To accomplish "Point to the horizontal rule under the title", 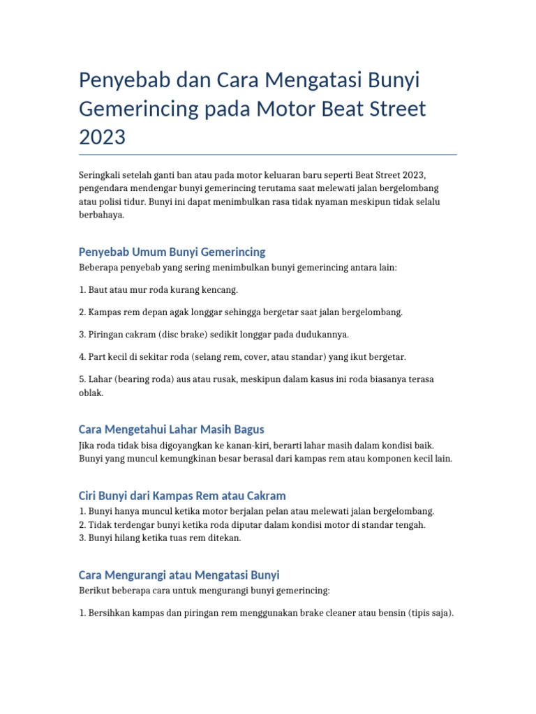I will coord(268,154).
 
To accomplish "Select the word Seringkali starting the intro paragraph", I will coord(99,174).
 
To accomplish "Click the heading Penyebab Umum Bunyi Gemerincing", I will coord(172,252).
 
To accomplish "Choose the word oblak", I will coord(91,393).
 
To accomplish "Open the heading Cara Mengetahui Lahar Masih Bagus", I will coord(171,429).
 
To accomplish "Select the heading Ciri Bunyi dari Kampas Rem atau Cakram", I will coord(182,496).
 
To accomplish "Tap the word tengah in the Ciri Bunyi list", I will coord(410,525).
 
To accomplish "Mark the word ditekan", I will coord(224,538).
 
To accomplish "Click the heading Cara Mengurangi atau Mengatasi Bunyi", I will coord(179,575).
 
